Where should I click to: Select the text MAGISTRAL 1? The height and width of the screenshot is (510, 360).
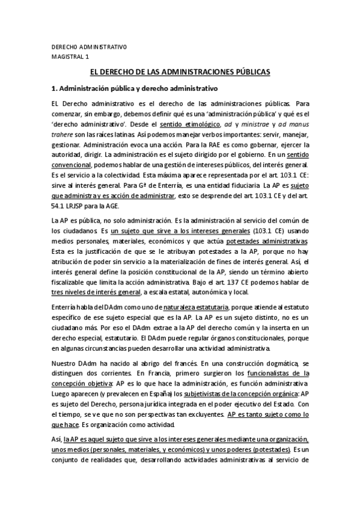click(x=70, y=57)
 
